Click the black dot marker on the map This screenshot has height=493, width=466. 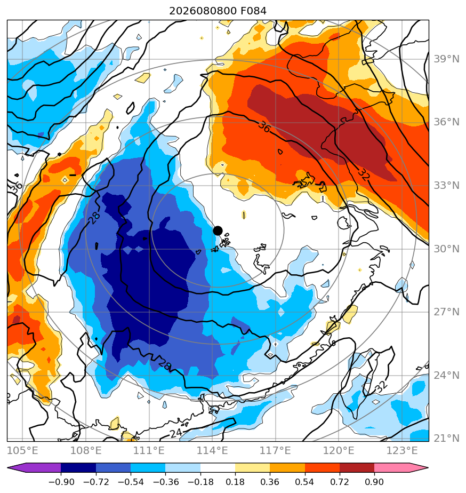point(218,231)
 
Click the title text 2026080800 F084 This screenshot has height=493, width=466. point(218,11)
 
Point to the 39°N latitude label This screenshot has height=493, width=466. point(446,59)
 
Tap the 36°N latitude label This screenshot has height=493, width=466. point(446,122)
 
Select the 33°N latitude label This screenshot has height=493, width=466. point(446,186)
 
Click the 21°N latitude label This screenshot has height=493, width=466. point(446,438)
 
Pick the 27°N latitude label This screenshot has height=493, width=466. point(446,312)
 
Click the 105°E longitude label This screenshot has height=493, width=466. point(22,450)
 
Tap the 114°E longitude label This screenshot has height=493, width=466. point(212,450)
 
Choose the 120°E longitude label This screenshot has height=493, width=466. point(339,450)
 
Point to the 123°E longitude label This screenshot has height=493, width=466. point(402,450)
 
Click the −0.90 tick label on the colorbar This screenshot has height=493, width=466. point(61,482)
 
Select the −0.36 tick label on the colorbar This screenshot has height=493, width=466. point(166,482)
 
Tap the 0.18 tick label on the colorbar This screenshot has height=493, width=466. point(235,482)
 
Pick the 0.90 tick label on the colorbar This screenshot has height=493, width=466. point(374,482)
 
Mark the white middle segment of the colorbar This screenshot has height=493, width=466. point(218,468)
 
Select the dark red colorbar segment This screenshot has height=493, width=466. point(357,468)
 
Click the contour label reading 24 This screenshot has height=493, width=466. point(176,433)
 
